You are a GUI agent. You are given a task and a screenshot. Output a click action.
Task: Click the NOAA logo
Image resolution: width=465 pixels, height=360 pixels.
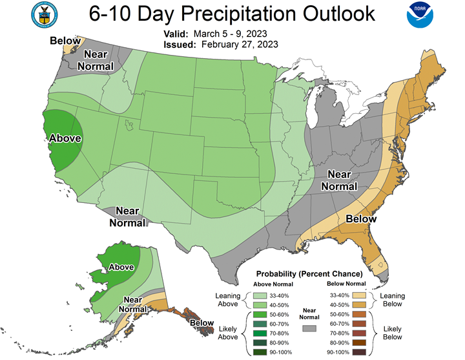pos(420,15)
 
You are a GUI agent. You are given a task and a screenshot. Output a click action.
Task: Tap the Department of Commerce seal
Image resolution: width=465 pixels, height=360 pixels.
pos(44,15)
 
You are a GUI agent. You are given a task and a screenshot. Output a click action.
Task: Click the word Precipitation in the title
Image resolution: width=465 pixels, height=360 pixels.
pos(239,14)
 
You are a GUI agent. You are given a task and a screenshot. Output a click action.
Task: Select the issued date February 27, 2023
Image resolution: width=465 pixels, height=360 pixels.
pos(240,45)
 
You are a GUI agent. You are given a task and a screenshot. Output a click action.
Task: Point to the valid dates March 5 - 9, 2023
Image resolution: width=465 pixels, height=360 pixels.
pos(230,34)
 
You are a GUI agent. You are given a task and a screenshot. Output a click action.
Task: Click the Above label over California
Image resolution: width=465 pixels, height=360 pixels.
pos(65,138)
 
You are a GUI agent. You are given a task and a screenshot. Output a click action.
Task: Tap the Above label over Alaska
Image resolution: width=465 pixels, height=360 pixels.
pos(121,267)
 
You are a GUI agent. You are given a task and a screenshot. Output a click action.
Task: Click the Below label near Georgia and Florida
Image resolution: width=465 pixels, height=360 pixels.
pos(361,219)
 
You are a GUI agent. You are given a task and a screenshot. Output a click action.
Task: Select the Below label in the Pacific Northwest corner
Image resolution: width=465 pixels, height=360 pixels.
pos(65,41)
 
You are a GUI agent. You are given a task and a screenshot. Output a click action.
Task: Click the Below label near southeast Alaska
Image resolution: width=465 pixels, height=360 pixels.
pos(201,323)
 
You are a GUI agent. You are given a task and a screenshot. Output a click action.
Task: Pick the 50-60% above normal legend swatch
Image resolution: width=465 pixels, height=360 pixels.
pos(260,315)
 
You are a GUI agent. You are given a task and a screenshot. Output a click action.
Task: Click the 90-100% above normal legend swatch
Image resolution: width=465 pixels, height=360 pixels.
pos(260,352)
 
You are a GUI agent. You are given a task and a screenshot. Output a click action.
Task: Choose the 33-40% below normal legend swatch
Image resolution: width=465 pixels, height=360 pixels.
pos(359,295)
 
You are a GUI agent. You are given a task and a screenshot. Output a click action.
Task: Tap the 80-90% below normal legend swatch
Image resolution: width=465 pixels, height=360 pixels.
pos(359,343)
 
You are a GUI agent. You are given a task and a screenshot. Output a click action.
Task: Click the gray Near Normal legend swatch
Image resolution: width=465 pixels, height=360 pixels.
pos(309,328)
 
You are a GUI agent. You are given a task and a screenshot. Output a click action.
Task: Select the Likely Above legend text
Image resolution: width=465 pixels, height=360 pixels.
pos(228,333)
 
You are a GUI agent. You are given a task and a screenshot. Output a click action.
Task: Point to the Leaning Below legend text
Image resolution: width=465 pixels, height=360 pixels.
pos(393,300)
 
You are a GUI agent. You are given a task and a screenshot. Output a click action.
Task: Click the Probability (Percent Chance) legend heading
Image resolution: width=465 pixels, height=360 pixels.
pos(309,273)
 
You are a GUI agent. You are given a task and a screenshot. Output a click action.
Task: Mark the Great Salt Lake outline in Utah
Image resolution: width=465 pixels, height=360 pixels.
pos(129,125)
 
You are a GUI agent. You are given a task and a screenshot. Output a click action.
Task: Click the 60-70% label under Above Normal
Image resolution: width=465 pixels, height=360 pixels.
pos(279,324)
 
